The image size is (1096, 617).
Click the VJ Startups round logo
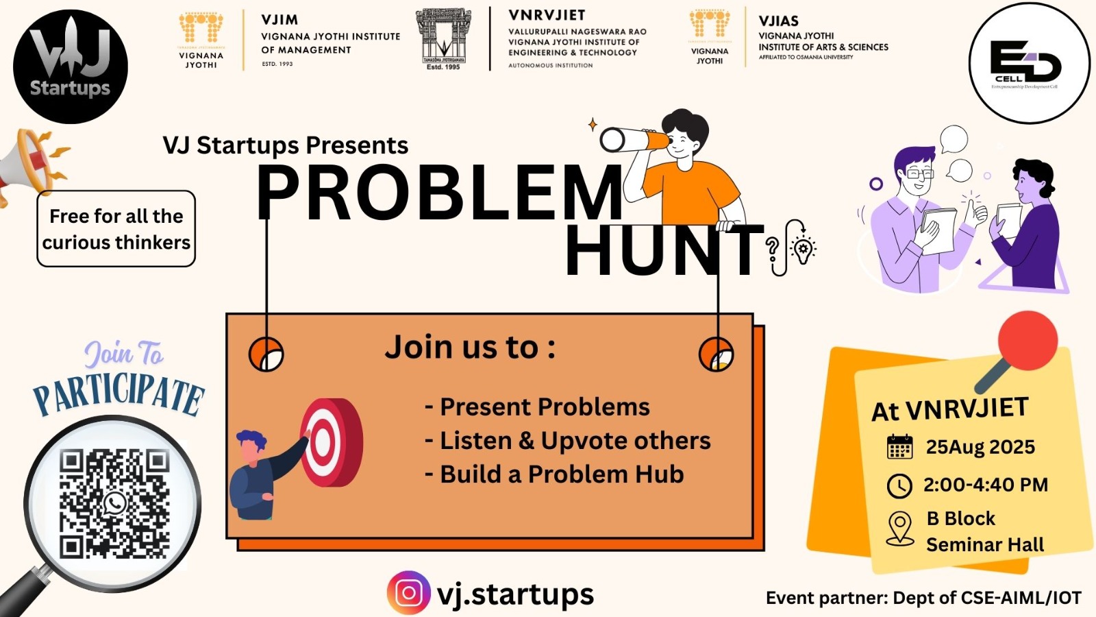point(71,66)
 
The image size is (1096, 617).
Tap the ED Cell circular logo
point(1029,63)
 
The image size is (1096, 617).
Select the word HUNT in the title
point(663,251)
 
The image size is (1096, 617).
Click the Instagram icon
point(409,592)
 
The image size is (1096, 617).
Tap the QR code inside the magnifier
point(114,503)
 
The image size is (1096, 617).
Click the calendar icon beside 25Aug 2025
point(899,447)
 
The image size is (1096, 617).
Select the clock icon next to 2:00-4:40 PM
point(899,485)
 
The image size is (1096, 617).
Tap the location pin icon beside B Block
point(900,529)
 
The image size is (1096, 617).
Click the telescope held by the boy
point(634,140)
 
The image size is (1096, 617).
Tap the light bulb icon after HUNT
point(802,249)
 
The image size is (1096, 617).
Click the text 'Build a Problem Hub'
point(562,474)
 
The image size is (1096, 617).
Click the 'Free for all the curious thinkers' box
point(116,229)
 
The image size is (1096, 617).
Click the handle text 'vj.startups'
point(515,594)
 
